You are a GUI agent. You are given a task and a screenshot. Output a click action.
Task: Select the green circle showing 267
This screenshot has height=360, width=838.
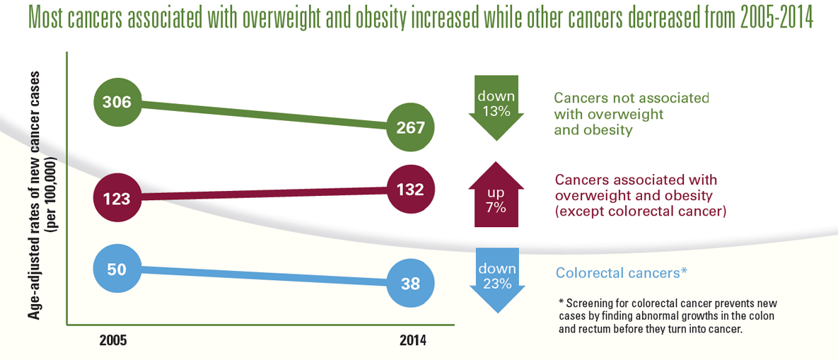tap(411, 127)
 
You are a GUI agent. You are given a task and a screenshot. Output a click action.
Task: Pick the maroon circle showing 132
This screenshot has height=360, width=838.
tap(411, 190)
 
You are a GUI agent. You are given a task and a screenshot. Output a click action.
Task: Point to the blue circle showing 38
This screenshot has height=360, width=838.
tap(411, 284)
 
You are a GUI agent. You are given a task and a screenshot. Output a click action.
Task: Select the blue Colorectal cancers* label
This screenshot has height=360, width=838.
tap(622, 272)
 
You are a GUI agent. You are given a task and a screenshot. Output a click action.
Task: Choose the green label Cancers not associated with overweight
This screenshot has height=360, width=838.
tap(631, 114)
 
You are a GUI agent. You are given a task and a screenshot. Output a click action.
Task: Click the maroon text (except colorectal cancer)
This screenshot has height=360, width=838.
tap(641, 211)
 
